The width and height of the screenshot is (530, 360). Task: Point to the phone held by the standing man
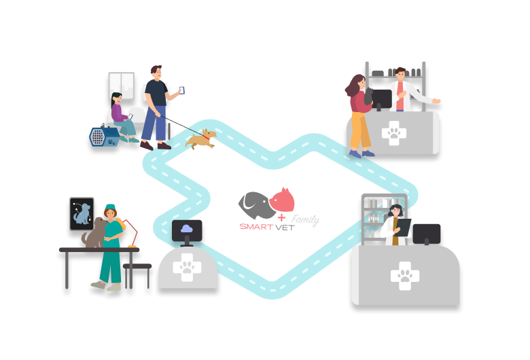[x=182, y=90]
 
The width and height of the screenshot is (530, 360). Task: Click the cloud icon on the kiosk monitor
[x=186, y=231]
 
